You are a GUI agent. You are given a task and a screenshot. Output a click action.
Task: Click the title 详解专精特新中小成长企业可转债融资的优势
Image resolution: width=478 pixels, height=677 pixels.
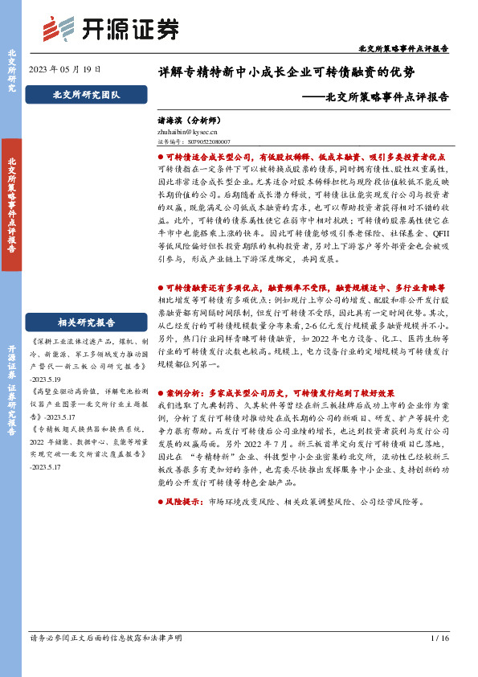click(287, 72)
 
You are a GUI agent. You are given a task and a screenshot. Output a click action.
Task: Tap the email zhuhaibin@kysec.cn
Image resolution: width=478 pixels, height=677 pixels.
click(188, 131)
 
